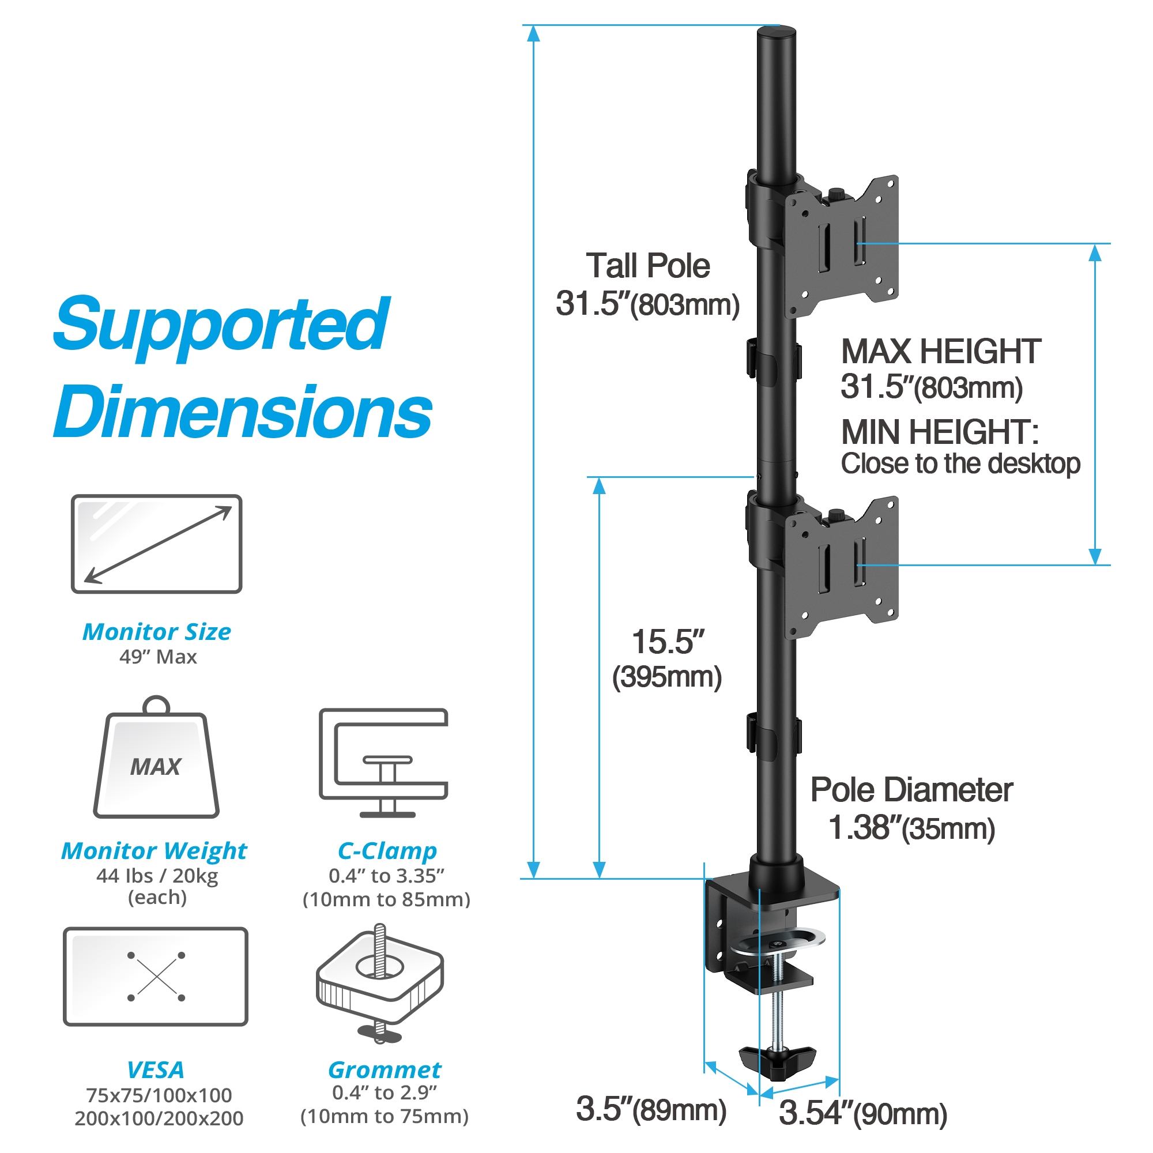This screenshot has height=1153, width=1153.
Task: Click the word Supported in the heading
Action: pos(221,325)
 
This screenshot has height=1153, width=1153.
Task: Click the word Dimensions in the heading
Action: pos(242,412)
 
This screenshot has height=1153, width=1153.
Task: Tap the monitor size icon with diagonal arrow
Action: pos(156,544)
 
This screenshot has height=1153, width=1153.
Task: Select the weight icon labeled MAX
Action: pos(156,761)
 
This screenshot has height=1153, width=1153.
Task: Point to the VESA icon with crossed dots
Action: pos(156,977)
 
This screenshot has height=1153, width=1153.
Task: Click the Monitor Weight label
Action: pos(154,850)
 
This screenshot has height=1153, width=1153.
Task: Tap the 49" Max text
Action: pos(157,657)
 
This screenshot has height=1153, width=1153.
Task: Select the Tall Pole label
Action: pos(647,266)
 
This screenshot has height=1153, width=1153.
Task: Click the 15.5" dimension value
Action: pos(667,642)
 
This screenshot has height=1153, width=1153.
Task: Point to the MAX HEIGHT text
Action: pos(940,351)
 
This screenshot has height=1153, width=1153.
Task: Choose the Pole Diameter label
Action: pos(911,790)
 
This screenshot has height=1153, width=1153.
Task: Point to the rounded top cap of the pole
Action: pos(777,33)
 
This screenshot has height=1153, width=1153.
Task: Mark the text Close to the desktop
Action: pos(960,464)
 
